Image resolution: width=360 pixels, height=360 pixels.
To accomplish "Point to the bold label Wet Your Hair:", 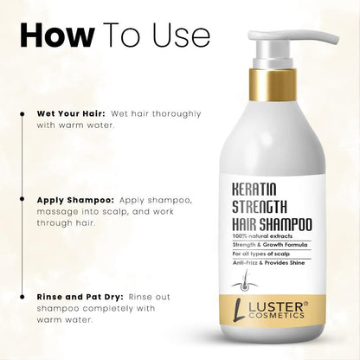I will click(71, 113).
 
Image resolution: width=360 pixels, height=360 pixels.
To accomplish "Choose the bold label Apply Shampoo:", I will click(75, 199).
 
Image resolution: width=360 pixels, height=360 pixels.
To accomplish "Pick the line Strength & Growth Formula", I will click(273, 245).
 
